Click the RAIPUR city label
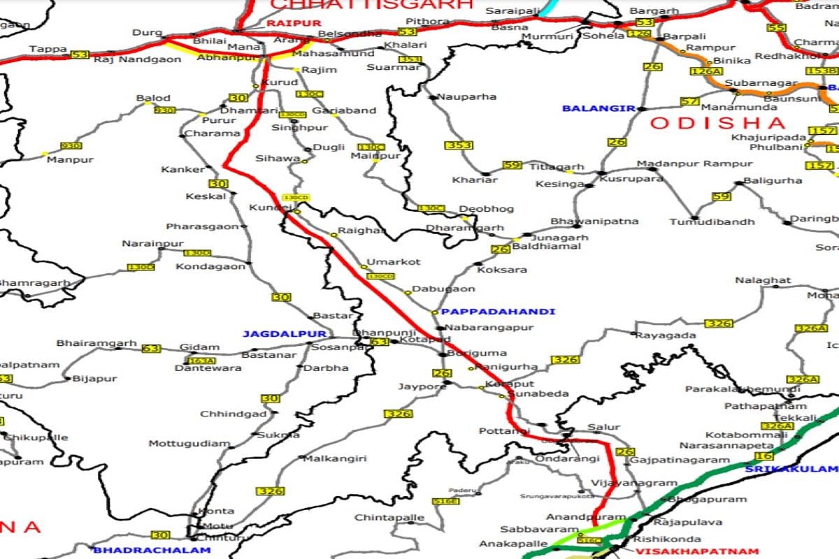click(287, 23)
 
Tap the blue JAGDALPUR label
click(275, 334)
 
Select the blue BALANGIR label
click(598, 108)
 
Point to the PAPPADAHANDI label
click(498, 312)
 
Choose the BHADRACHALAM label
click(152, 550)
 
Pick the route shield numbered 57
click(689, 101)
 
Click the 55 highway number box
click(775, 28)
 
